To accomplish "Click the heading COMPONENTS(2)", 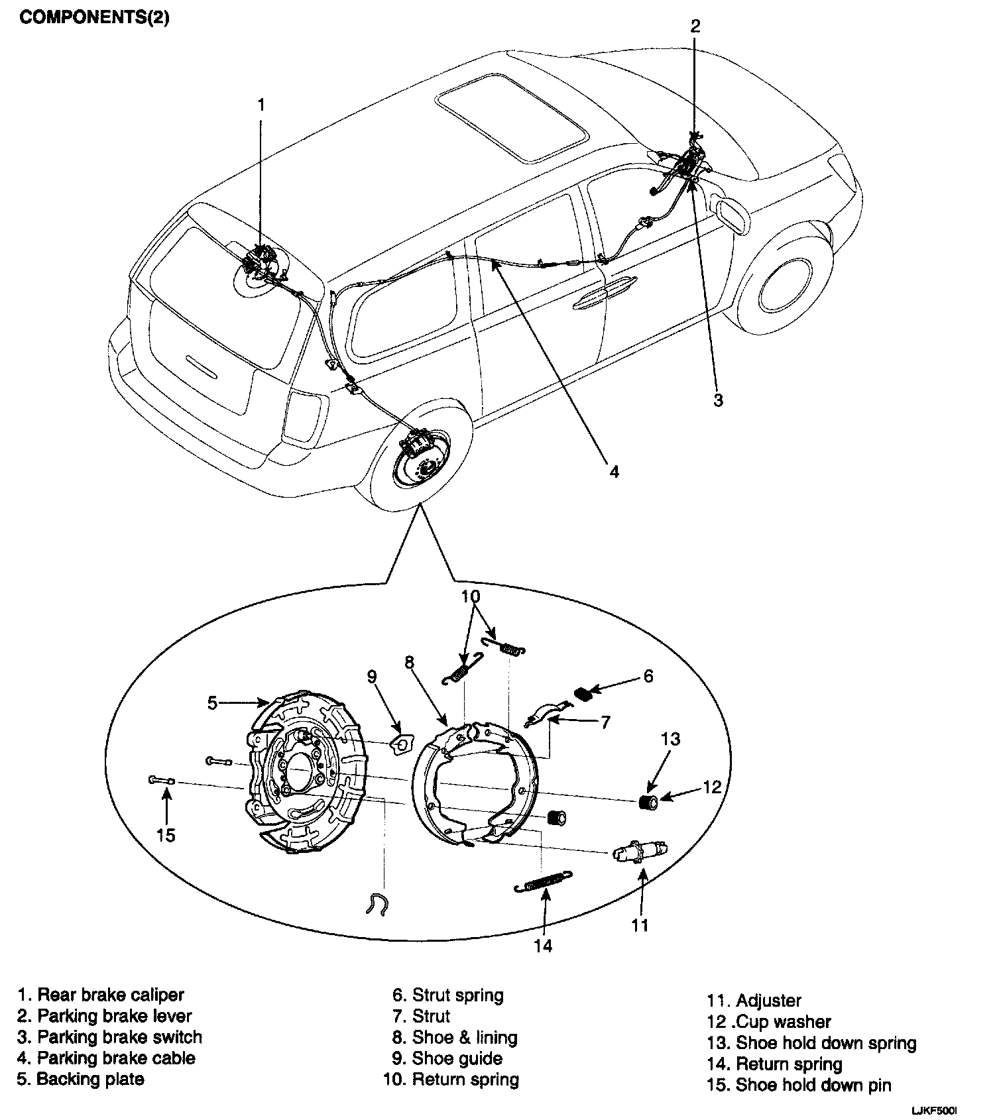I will (94, 18).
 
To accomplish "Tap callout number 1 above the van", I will (261, 105).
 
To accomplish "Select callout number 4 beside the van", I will (614, 471).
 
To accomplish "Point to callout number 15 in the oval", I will (166, 835).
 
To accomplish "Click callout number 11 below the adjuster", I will (640, 924).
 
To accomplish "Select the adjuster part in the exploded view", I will (640, 851).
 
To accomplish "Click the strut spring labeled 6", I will (583, 694).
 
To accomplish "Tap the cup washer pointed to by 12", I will (650, 803).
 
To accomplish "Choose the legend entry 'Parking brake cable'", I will (115, 1058).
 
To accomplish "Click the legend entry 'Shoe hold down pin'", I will (813, 1085).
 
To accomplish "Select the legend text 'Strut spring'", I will (457, 995).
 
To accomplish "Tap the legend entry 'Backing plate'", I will (89, 1079).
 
